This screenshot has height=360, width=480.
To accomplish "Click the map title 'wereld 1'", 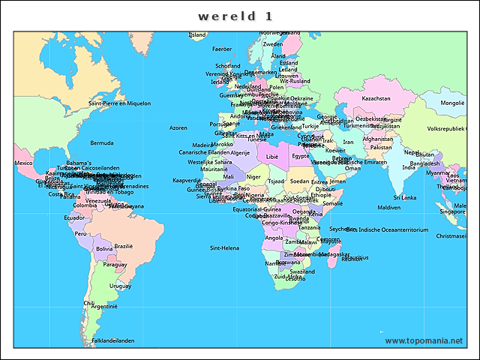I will tap(235, 16).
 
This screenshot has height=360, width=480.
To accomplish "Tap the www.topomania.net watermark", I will tap(424, 340).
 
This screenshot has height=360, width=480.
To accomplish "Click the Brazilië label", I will tap(123, 246).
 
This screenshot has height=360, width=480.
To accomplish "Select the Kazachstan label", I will tap(376, 98).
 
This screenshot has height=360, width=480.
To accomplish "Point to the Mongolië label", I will tap(452, 103).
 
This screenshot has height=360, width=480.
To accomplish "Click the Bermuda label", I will tap(102, 142).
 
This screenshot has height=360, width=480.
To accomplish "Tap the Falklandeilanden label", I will tap(112, 340).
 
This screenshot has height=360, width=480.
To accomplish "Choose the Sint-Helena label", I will tap(224, 247).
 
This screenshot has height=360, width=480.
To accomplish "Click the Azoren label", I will tap(178, 127).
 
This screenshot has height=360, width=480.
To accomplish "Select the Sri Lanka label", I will tap(403, 198).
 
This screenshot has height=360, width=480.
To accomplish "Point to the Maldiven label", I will tap(388, 207).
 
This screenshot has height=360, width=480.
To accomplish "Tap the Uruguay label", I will tap(120, 286).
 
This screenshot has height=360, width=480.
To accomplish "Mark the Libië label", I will tap(272, 157).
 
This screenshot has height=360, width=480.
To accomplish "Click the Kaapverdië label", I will tap(187, 180).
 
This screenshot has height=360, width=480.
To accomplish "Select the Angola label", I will tap(274, 238).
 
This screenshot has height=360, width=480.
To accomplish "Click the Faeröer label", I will tap(222, 49).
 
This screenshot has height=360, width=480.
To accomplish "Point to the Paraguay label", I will tap(115, 264).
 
